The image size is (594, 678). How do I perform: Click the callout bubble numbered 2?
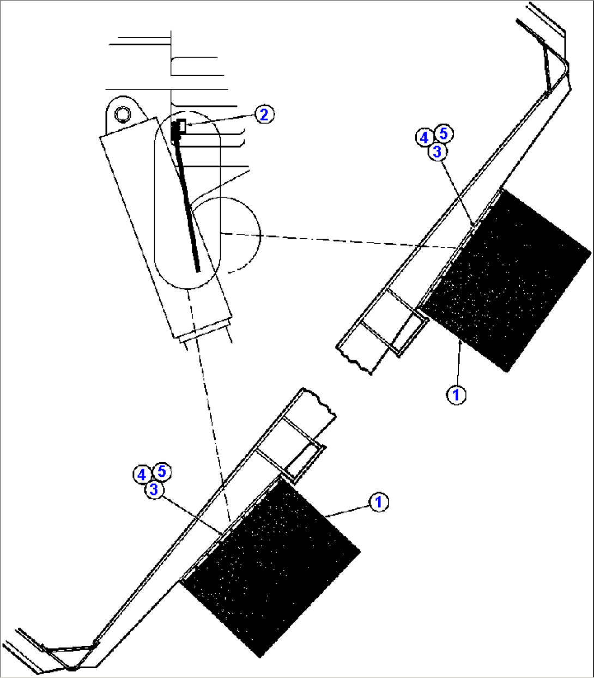(264, 114)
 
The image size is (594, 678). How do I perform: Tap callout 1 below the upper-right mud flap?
(456, 395)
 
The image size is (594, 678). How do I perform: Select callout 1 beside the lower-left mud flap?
(379, 502)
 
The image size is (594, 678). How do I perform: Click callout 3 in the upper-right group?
(437, 152)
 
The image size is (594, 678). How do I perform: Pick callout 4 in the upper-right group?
(425, 137)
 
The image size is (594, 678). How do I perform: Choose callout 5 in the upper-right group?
(443, 132)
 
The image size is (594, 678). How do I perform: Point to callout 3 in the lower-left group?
(154, 490)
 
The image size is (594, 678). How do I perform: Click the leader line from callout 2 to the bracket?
(221, 120)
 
